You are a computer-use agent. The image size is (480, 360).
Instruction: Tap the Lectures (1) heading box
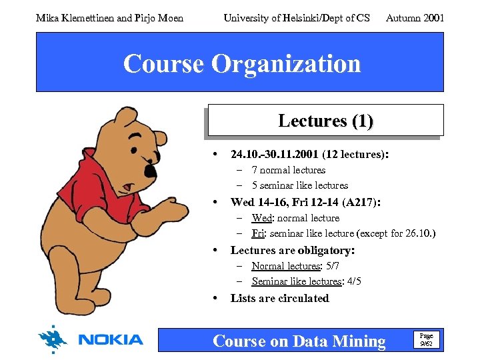pyautogui.click(x=325, y=121)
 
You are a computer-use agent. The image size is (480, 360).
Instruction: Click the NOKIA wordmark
pyautogui.click(x=110, y=340)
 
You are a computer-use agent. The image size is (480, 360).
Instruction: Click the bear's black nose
pyautogui.click(x=151, y=171)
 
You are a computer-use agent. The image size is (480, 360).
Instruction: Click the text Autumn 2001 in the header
pyautogui.click(x=415, y=18)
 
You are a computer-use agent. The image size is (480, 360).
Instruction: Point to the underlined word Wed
pyautogui.click(x=261, y=218)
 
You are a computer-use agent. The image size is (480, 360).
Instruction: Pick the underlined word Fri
pyautogui.click(x=259, y=233)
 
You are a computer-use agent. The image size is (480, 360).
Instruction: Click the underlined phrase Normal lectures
pyautogui.click(x=286, y=266)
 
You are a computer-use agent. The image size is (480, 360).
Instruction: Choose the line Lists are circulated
pyautogui.click(x=279, y=298)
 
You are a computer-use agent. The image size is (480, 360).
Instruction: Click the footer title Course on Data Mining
pyautogui.click(x=299, y=341)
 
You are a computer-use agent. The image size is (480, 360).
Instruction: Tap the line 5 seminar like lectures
pyautogui.click(x=299, y=185)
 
